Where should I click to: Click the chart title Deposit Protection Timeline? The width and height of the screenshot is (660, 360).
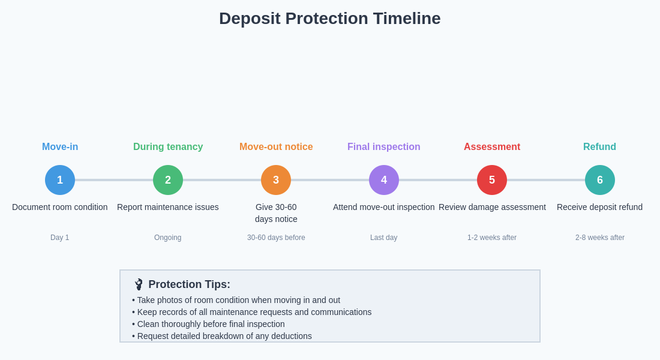click(x=329, y=19)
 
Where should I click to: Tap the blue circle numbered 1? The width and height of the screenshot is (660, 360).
click(x=60, y=180)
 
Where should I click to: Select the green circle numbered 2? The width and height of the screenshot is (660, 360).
click(x=168, y=180)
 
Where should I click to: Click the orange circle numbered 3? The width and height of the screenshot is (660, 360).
click(x=276, y=180)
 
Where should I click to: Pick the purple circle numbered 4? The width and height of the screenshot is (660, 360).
click(x=384, y=180)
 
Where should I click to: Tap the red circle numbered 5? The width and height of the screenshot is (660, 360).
click(x=492, y=180)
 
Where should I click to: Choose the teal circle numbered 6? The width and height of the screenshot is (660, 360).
click(x=600, y=180)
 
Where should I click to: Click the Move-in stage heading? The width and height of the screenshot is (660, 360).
click(x=60, y=147)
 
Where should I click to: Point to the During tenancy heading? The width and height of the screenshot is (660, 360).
click(x=168, y=147)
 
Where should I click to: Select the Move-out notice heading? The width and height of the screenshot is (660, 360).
click(x=276, y=147)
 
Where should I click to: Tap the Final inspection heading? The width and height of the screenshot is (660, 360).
click(x=384, y=147)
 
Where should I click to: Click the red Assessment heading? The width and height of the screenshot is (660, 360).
click(x=492, y=147)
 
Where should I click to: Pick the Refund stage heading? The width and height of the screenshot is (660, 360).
click(x=599, y=147)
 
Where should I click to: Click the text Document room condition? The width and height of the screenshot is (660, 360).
click(x=60, y=207)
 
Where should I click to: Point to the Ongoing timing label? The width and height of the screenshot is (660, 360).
click(x=168, y=238)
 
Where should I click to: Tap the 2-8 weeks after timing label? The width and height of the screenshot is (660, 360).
click(x=600, y=238)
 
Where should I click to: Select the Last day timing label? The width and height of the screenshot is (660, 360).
click(x=384, y=238)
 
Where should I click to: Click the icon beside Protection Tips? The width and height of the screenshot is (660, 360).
click(x=139, y=284)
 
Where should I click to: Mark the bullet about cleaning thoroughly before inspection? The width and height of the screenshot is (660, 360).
click(x=211, y=324)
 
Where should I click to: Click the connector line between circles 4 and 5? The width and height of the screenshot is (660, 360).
click(x=438, y=180)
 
